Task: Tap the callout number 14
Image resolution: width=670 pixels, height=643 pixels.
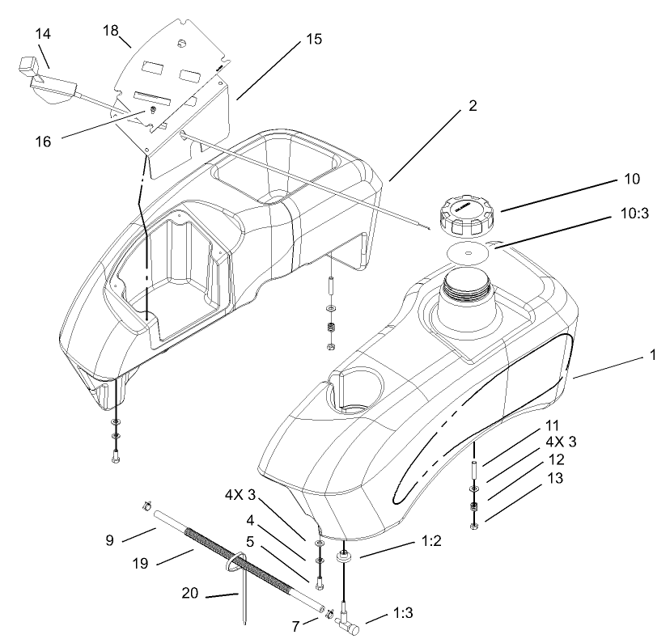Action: click(43, 34)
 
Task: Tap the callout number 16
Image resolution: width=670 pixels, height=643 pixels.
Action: click(43, 141)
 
